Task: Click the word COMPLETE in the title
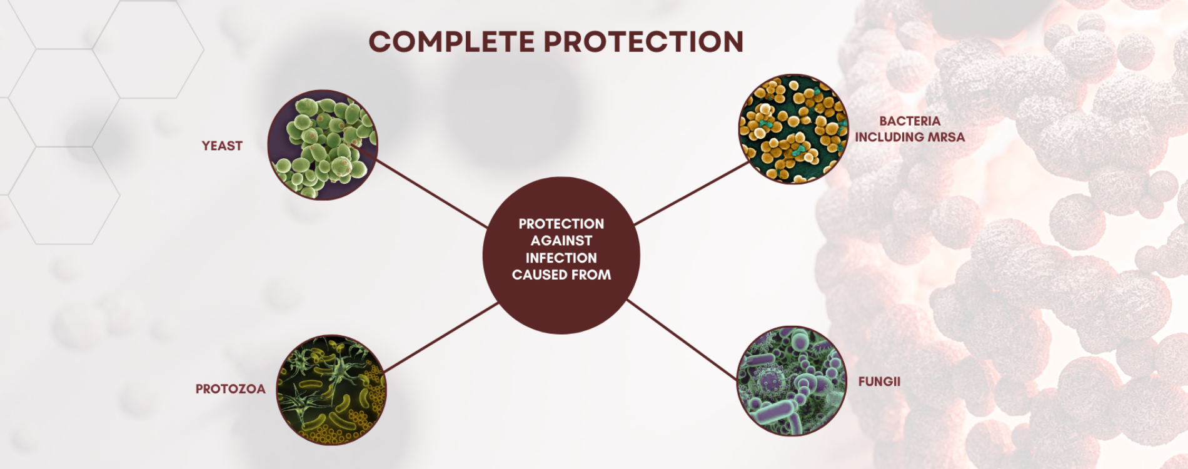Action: (451, 42)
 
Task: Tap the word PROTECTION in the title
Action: (643, 42)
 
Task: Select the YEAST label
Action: (222, 146)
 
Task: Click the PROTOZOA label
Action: (231, 389)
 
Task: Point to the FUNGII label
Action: (879, 381)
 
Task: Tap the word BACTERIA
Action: (910, 121)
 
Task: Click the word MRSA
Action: (947, 137)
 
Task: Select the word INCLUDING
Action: (890, 137)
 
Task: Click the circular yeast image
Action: (323, 145)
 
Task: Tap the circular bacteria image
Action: (793, 129)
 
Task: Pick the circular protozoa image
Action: (331, 390)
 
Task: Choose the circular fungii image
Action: (792, 381)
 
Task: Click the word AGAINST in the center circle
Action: (561, 241)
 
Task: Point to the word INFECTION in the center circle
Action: (561, 258)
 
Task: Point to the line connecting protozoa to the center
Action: (441, 338)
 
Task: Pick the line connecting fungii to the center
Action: (683, 340)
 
